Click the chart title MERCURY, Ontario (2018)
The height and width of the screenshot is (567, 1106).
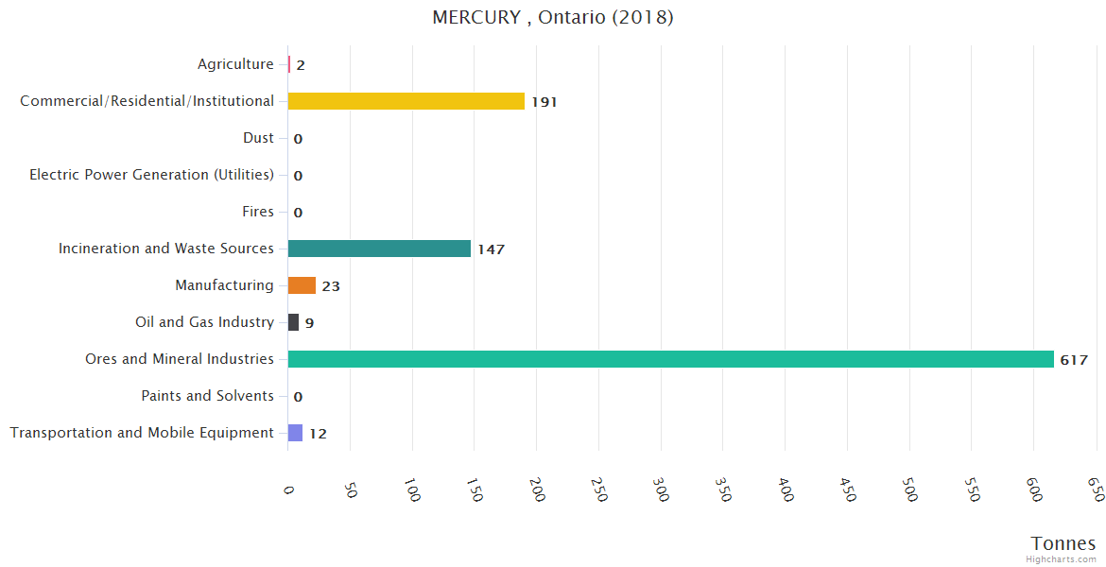(x=552, y=18)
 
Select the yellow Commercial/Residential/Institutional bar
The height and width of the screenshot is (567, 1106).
(x=406, y=101)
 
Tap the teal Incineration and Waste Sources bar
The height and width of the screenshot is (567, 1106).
(x=379, y=249)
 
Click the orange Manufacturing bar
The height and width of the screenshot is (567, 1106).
(x=302, y=285)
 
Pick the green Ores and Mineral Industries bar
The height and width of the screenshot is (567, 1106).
(x=670, y=359)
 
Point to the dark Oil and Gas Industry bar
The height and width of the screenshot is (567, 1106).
(x=293, y=322)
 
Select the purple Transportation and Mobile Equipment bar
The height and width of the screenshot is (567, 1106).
(x=295, y=433)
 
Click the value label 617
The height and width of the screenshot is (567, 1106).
(x=1074, y=360)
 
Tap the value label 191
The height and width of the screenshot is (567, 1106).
(x=544, y=102)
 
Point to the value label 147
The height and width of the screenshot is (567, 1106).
(x=491, y=249)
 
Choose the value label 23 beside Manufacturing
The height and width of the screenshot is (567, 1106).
(x=330, y=286)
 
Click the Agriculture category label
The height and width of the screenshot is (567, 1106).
(x=235, y=64)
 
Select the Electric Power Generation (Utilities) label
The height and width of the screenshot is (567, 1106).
(x=151, y=175)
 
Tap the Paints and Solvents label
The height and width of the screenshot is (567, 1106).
(x=207, y=396)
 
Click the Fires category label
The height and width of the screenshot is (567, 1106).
(x=257, y=212)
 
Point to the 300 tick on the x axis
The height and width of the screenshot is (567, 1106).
(x=660, y=490)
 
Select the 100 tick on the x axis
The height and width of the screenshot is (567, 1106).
(x=411, y=490)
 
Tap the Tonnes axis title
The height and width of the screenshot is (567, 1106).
(x=1063, y=543)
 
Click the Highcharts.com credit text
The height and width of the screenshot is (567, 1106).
(x=1062, y=559)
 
